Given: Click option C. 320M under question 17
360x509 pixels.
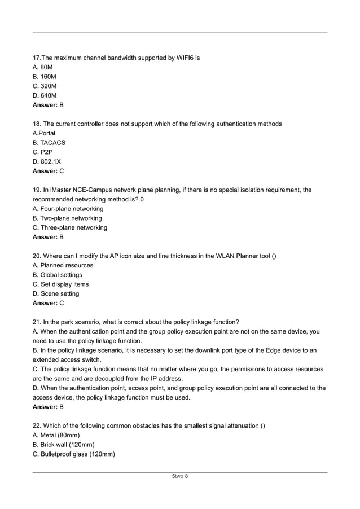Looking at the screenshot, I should tap(45, 86).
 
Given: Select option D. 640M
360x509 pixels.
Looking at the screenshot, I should tap(45, 95).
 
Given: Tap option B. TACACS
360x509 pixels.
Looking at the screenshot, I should tap(49, 143).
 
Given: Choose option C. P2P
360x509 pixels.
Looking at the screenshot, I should tap(43, 152).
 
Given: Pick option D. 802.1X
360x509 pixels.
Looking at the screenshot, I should tap(47, 161).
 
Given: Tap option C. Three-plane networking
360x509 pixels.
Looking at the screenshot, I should tap(70, 227).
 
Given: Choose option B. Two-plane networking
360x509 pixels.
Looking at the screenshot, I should tap(68, 218).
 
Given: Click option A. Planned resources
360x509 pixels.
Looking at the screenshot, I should tap(63, 265).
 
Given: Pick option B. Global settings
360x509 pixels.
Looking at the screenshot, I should tap(58, 275).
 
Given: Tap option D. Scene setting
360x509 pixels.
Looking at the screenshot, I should tap(56, 293).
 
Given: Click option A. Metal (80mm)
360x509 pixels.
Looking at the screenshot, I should tap(56, 435).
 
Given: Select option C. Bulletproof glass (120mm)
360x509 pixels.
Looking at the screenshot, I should tap(74, 454).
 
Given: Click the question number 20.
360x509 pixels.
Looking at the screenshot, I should tap(37, 256).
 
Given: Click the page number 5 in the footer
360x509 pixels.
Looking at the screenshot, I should tap(173, 476).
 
